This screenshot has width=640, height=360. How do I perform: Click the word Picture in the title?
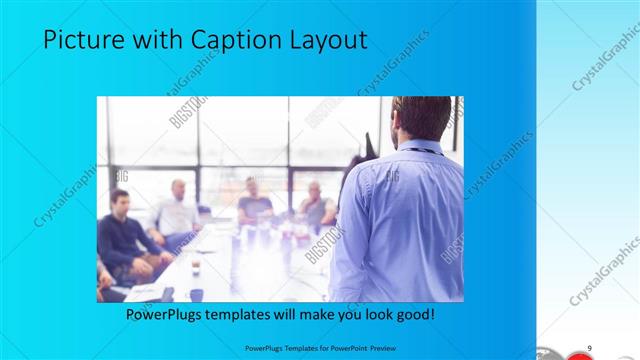pyautogui.click(x=81, y=40)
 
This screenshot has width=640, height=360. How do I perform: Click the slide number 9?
pyautogui.click(x=590, y=346)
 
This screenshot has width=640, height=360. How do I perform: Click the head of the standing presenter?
pyautogui.click(x=421, y=118)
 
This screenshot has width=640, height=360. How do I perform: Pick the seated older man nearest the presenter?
pyautogui.click(x=316, y=205)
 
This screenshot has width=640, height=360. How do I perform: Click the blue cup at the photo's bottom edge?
pyautogui.click(x=196, y=295)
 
